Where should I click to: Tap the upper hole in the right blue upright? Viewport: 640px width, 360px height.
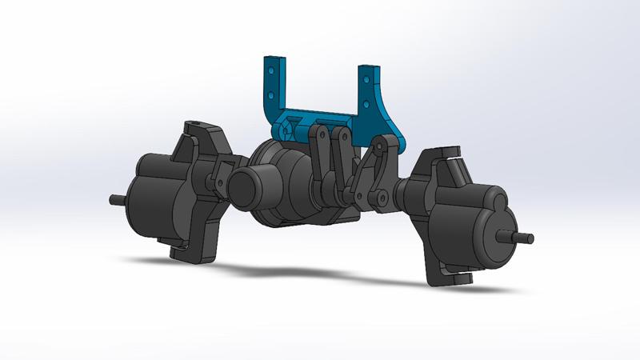[368, 81]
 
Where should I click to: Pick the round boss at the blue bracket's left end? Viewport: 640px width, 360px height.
[282, 128]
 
